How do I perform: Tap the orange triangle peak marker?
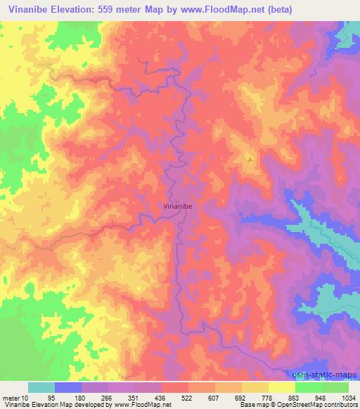[x=250, y=159]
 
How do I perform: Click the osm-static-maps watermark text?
[x=329, y=373]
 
